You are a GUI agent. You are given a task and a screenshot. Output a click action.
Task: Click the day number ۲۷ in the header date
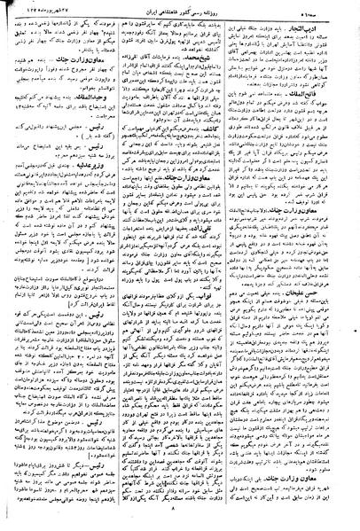73,8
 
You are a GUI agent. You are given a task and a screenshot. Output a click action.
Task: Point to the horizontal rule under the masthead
180,17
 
